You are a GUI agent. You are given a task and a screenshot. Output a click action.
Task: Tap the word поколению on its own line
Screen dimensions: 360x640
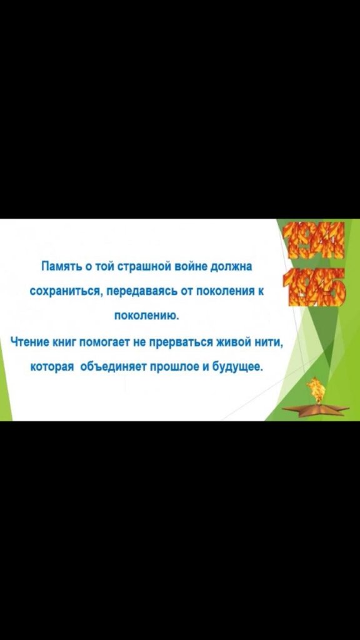pos(146,316)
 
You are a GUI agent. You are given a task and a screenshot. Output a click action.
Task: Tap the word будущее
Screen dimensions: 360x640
pos(237,367)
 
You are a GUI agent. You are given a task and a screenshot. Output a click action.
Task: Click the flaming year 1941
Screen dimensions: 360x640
pos(313,240)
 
